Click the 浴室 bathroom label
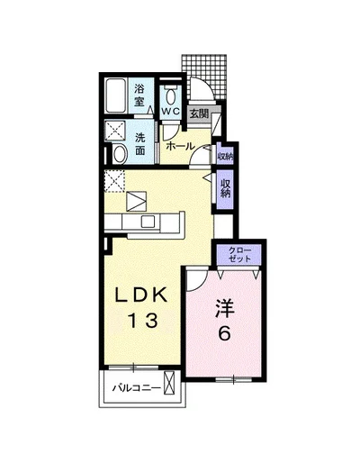pos(139,95)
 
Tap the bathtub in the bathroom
pos(116,95)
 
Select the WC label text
pos(171,111)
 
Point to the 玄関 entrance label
pos(200,113)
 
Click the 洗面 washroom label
pos(139,144)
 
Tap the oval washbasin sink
pos(120,154)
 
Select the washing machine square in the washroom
pos(115,131)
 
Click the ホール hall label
pos(180,147)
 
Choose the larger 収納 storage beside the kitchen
pos(225,188)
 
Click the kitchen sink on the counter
pos(148,222)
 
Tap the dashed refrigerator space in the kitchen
pos(114,181)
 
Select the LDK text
pos(141,295)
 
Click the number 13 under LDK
pos(143,320)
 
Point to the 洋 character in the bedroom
pos(224,308)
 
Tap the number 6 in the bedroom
pos(224,333)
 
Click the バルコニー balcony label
pos(137,388)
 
